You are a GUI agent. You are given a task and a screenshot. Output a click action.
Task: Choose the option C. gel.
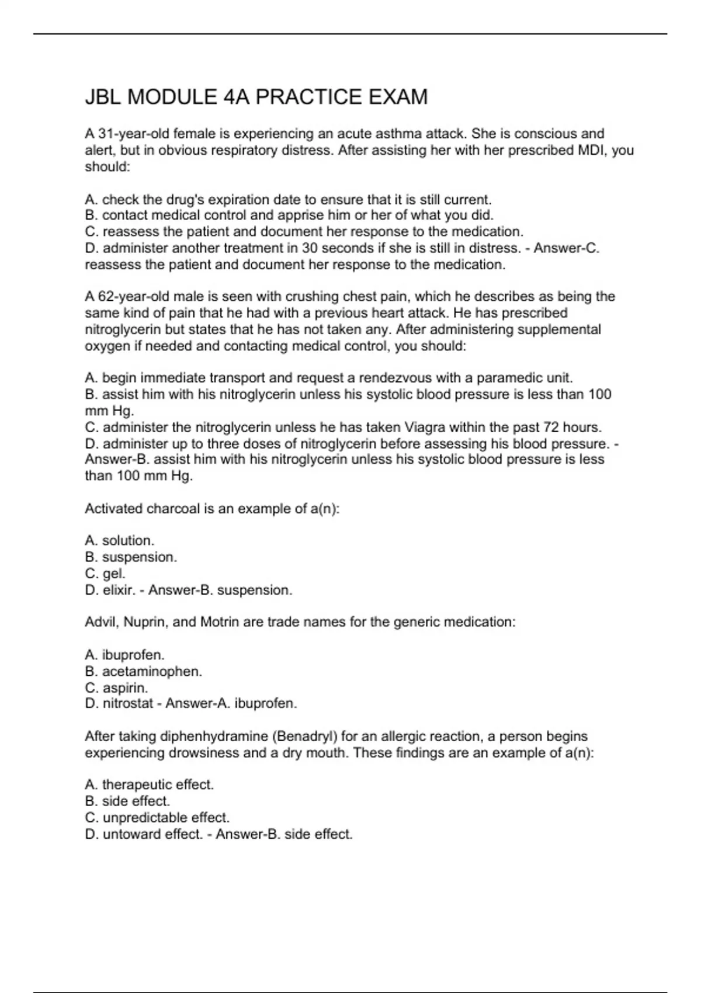105,574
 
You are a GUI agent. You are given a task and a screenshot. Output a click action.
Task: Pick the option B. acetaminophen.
144,671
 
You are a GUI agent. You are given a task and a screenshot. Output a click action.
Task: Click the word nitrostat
128,703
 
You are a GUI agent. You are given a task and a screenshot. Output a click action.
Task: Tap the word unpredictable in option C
145,817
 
